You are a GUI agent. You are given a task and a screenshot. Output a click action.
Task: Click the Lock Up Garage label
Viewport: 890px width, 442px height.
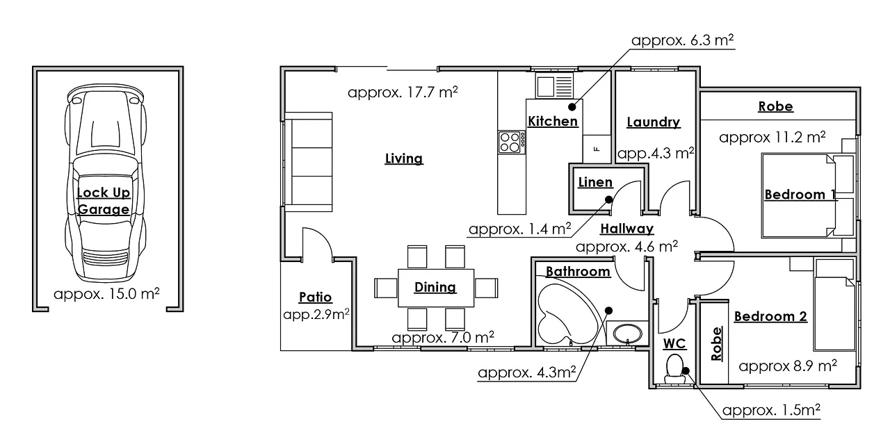pos(103,201)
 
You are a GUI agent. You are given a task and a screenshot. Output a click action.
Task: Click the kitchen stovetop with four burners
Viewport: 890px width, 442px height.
pos(510,142)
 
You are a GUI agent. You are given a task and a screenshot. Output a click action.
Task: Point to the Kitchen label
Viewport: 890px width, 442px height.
pos(553,122)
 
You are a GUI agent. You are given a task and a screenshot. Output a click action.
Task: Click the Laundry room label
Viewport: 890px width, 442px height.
pos(653,122)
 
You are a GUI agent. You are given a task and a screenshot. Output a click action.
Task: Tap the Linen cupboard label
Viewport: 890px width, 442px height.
pos(595,183)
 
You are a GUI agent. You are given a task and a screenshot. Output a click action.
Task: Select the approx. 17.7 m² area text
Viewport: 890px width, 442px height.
pos(403,92)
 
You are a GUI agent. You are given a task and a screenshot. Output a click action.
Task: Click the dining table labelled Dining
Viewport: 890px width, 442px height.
pos(435,287)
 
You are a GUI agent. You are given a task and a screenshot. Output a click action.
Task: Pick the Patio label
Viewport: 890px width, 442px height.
pos(315,297)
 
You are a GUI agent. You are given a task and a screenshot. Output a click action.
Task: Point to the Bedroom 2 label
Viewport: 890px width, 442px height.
pos(770,317)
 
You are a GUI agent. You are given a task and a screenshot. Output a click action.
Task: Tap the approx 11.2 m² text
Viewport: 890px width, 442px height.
pos(772,137)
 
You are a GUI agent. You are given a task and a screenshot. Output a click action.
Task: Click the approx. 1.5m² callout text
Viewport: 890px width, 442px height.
pos(772,410)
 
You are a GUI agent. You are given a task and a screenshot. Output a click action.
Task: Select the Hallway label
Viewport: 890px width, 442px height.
pos(626,229)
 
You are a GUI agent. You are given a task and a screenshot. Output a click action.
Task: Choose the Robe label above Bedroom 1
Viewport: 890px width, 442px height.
pos(775,107)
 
